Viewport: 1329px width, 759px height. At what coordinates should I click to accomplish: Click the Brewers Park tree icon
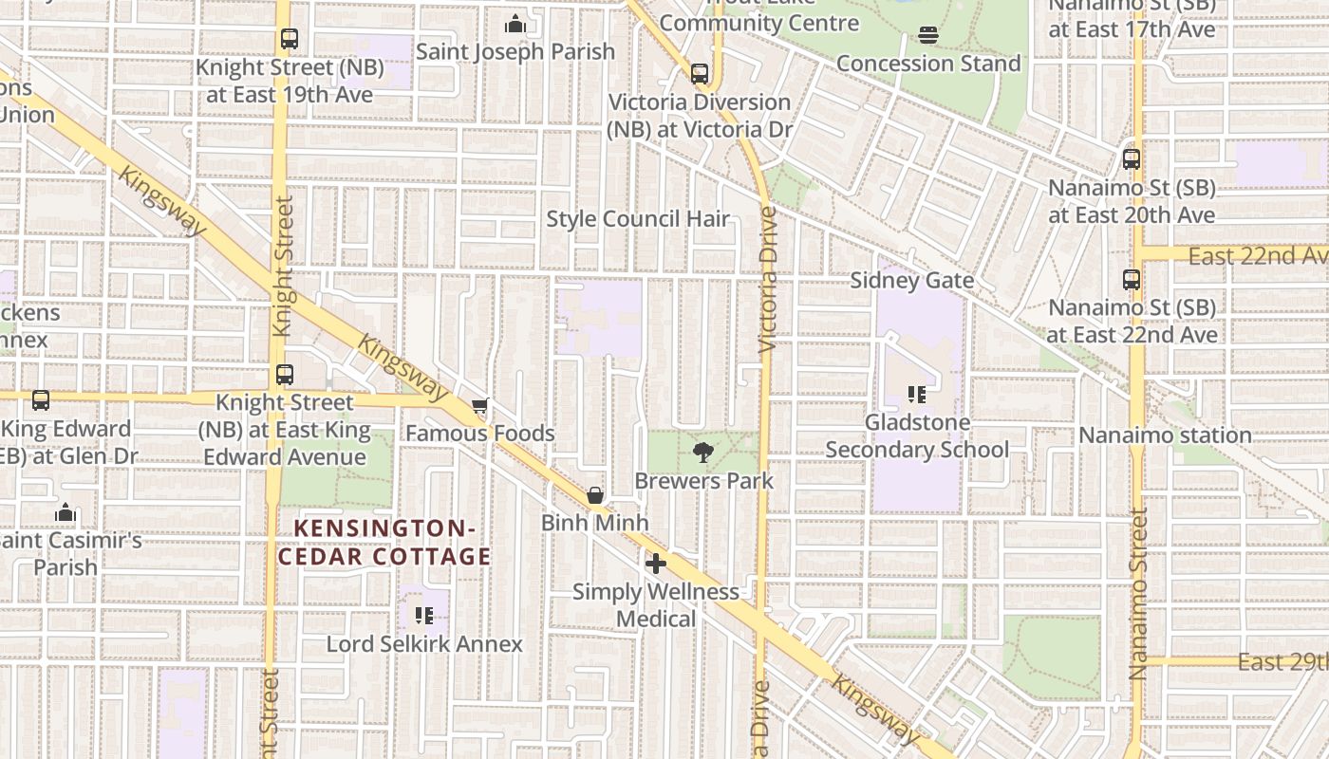(x=702, y=453)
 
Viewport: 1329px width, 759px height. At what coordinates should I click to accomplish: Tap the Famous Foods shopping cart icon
(x=480, y=406)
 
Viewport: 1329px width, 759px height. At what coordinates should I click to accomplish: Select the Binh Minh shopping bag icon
(x=595, y=495)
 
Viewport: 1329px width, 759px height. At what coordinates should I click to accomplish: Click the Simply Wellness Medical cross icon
(x=655, y=564)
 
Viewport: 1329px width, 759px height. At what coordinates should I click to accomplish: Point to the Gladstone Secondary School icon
(x=916, y=394)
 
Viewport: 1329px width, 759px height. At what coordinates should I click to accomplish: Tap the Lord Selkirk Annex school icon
(x=424, y=617)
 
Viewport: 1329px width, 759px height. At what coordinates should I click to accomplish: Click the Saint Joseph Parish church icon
(x=515, y=24)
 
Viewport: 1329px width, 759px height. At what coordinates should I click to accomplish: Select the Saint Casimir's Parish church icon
(x=65, y=513)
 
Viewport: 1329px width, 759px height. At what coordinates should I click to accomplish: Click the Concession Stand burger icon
(x=927, y=36)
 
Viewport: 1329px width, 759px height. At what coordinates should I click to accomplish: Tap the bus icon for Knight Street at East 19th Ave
(x=290, y=40)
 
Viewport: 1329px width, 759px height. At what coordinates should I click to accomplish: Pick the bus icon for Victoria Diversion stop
(x=700, y=73)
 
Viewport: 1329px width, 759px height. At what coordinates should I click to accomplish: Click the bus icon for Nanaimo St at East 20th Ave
(x=1131, y=159)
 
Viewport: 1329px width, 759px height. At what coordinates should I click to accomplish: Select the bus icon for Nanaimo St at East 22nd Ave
(x=1131, y=280)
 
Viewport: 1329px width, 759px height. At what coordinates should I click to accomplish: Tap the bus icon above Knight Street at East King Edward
(x=284, y=375)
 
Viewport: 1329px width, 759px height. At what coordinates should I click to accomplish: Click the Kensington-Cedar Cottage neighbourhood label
(x=384, y=542)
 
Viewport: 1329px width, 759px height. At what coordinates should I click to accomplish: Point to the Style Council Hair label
(x=638, y=219)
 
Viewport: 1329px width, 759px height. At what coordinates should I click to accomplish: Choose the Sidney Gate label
(x=911, y=281)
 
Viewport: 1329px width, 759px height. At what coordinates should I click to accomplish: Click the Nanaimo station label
(x=1165, y=435)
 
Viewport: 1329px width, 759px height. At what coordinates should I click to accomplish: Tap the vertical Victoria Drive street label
(x=768, y=280)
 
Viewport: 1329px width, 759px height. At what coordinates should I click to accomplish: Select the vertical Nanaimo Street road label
(x=1138, y=593)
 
